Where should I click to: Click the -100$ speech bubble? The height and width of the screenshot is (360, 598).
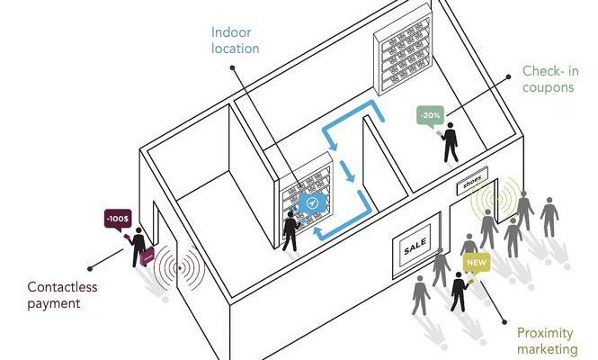(118, 220)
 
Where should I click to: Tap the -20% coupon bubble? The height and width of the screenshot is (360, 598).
(430, 116)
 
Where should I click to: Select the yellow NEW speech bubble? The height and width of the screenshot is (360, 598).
(477, 264)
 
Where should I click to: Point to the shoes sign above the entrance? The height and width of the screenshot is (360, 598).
(472, 181)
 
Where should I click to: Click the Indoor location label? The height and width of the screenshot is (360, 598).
(235, 40)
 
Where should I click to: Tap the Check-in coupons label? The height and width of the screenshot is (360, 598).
(550, 79)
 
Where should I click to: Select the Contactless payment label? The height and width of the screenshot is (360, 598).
(62, 295)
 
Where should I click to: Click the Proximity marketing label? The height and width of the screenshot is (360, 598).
(548, 341)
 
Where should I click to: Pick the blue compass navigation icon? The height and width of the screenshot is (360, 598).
(312, 203)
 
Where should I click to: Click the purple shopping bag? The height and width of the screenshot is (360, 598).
(147, 256)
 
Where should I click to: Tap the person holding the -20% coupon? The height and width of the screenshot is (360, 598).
(451, 142)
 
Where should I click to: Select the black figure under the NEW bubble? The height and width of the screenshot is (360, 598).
(460, 292)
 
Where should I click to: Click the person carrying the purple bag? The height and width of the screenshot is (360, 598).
(138, 247)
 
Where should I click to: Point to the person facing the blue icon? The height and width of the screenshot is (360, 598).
(290, 231)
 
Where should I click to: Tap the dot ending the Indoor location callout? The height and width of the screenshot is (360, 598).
(232, 67)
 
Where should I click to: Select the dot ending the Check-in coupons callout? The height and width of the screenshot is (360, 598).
(508, 76)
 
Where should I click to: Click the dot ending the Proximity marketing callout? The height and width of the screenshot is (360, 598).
(504, 322)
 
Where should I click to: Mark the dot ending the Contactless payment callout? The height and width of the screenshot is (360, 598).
(90, 269)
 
